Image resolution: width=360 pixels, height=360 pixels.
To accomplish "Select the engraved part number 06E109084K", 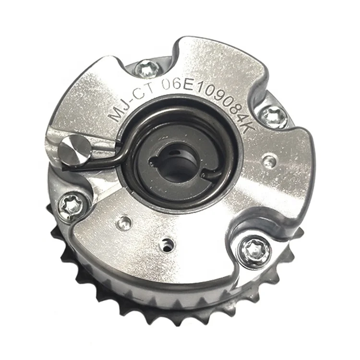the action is pos(208,101).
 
